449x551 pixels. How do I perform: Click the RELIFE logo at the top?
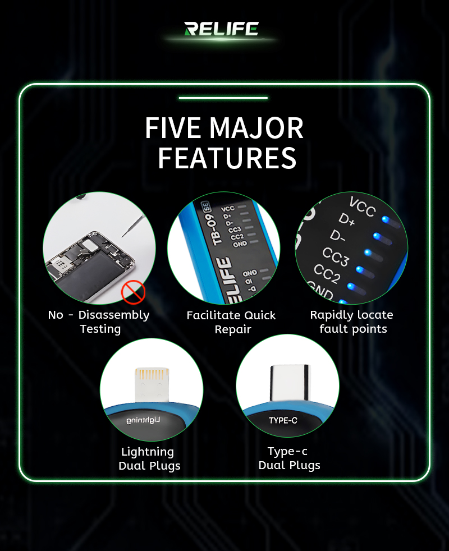click(x=222, y=29)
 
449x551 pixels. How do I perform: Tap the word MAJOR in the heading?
click(x=256, y=128)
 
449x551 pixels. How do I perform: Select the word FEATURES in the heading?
click(x=227, y=158)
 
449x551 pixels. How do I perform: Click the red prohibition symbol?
click(x=133, y=292)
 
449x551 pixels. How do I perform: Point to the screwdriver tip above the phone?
click(x=122, y=236)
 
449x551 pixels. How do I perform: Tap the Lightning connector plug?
click(x=152, y=385)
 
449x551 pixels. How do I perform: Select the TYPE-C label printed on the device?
click(x=283, y=420)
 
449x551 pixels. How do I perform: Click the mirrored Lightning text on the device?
click(x=143, y=420)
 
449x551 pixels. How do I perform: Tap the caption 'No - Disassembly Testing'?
click(x=99, y=322)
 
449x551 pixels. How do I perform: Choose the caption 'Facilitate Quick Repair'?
click(x=231, y=322)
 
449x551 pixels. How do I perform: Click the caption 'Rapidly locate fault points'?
click(x=351, y=322)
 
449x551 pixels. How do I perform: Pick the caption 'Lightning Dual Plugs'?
click(x=149, y=458)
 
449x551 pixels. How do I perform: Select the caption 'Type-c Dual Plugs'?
click(x=289, y=458)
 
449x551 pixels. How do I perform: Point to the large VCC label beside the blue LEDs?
click(x=362, y=206)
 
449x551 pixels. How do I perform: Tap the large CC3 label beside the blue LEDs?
click(x=336, y=257)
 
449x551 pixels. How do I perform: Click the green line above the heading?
click(x=223, y=98)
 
